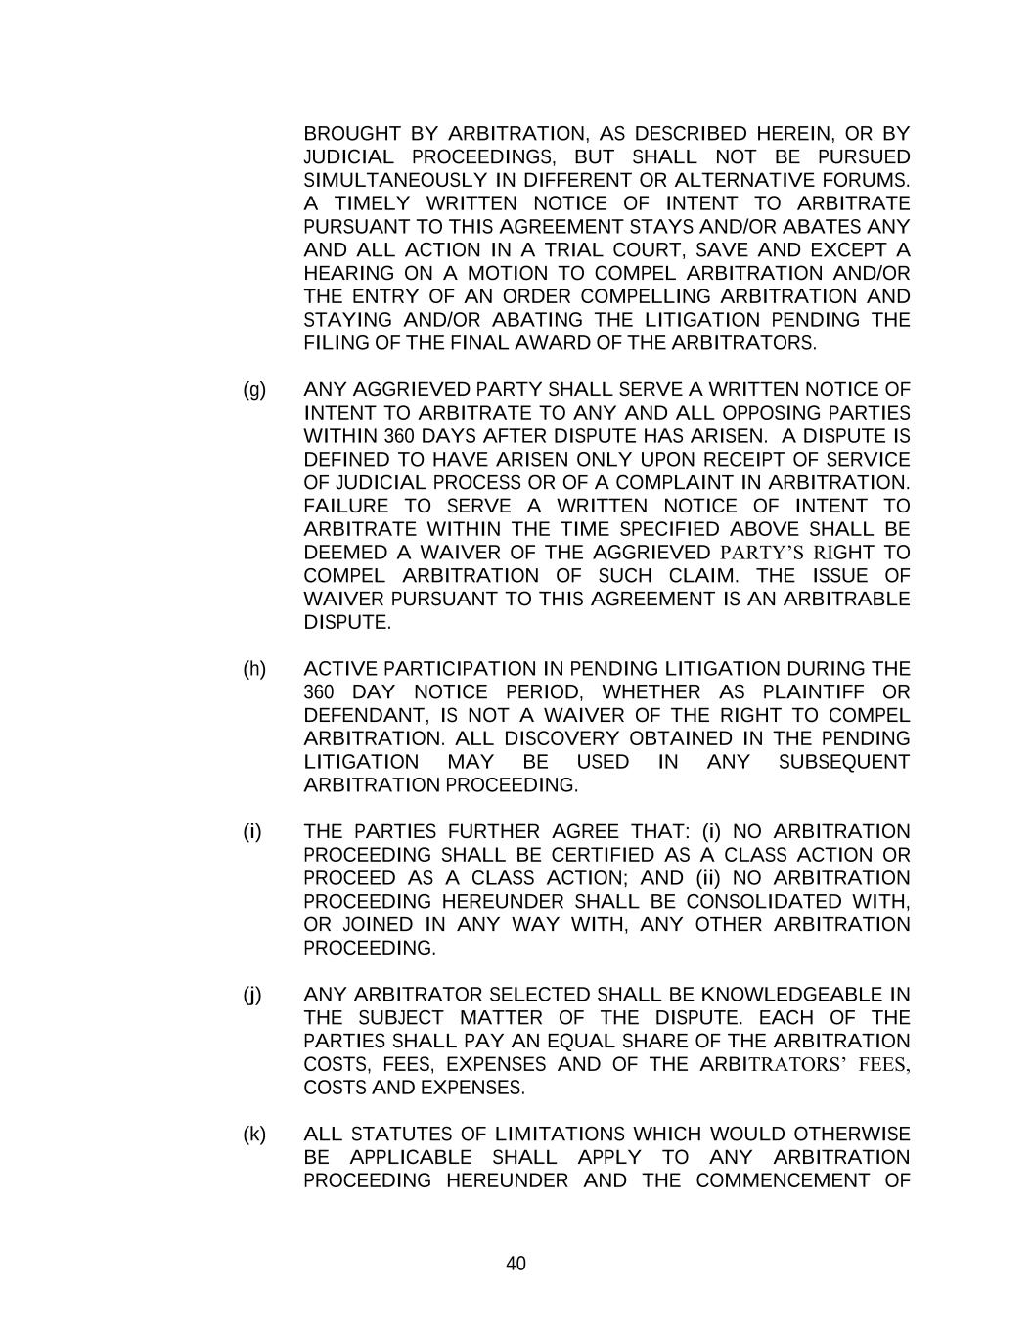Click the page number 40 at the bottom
(516, 1264)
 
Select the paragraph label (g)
(254, 390)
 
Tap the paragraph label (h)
(254, 669)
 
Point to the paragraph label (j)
(253, 996)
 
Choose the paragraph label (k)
(254, 1135)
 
